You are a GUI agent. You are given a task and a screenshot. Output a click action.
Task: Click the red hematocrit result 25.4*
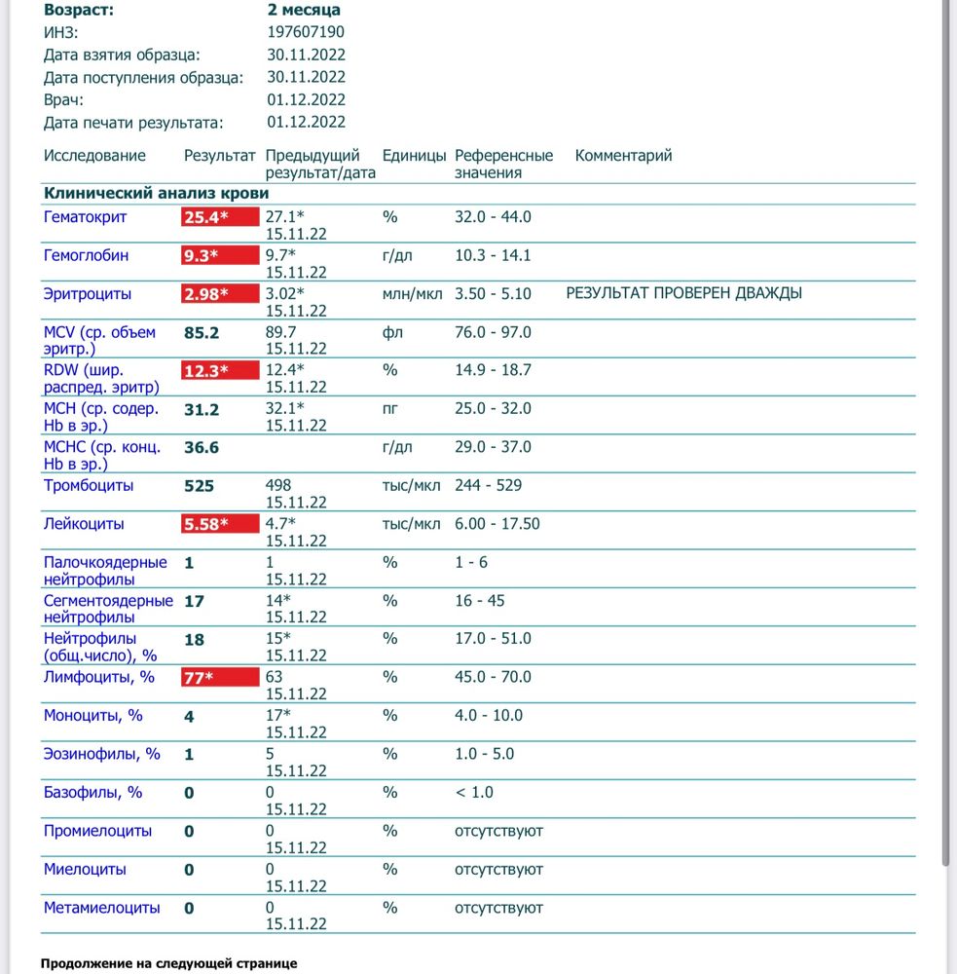(220, 217)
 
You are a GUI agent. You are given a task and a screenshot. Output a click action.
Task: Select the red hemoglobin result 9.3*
(220, 256)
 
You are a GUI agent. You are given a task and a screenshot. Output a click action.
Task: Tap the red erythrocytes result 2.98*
(220, 294)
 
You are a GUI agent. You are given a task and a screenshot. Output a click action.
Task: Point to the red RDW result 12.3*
(220, 371)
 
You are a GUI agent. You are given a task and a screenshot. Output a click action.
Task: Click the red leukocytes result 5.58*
(220, 524)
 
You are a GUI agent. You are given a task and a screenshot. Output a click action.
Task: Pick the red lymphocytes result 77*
(220, 677)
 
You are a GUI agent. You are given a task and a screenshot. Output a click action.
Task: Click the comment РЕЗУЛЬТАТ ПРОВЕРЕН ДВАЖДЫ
(683, 293)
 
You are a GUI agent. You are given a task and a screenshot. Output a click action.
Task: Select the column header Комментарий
(623, 156)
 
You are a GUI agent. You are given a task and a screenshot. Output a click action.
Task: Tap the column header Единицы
(414, 156)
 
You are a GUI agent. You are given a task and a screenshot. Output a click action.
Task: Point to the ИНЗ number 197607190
(306, 32)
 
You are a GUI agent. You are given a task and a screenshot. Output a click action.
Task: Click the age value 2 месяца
(304, 10)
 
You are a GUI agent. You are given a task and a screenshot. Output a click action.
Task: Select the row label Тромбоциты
(89, 485)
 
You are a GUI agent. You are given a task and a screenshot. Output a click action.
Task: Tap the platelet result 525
(199, 486)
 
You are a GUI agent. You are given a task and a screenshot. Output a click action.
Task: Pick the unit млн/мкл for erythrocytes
(412, 294)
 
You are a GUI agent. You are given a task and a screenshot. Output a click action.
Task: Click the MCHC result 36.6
(202, 448)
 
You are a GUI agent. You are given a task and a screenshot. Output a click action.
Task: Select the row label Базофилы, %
(92, 792)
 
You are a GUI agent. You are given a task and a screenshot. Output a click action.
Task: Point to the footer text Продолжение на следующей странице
(168, 963)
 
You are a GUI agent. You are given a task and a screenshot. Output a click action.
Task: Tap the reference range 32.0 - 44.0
(493, 217)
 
